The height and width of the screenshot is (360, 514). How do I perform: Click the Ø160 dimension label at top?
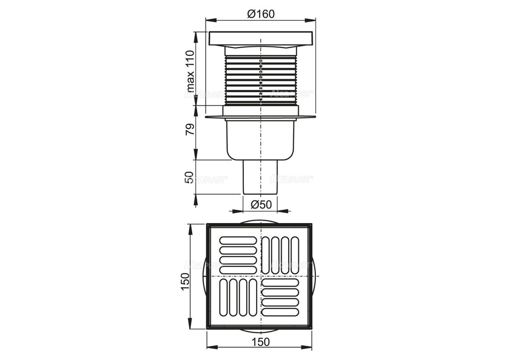[x=260, y=14]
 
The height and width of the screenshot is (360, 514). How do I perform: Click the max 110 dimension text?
[x=190, y=70]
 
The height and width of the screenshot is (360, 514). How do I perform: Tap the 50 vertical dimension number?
[x=190, y=177]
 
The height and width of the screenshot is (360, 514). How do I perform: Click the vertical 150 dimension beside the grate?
[x=184, y=282]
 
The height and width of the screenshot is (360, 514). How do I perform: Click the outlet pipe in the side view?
[x=260, y=177]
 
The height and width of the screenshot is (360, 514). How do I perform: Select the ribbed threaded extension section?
[x=260, y=79]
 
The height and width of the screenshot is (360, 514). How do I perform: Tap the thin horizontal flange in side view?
[x=260, y=116]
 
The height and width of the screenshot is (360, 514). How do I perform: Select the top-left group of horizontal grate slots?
[x=237, y=255]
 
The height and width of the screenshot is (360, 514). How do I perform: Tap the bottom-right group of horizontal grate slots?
[x=283, y=297]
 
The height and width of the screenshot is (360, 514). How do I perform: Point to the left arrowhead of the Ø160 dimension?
[x=208, y=20]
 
